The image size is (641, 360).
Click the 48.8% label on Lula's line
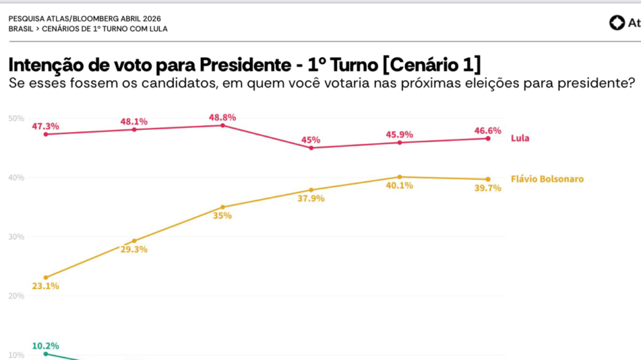223,117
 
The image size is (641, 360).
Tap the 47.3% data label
45,126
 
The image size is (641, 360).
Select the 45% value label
311,140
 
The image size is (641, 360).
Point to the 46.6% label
488,130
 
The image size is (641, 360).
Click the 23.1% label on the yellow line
45,286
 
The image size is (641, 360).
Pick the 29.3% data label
134,249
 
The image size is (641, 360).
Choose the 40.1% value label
399,185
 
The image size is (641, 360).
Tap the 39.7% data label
488,188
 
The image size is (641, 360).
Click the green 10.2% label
45,345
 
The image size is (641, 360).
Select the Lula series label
520,138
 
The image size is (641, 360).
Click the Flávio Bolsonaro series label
547,179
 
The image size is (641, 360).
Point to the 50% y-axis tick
16,118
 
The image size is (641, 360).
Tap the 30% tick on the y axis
16,237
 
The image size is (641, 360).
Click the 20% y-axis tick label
16,296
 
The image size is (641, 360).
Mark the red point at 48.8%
223,125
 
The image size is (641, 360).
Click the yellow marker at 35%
223,207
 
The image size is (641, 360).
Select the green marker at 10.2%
46,354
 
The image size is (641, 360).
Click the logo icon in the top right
617,23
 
